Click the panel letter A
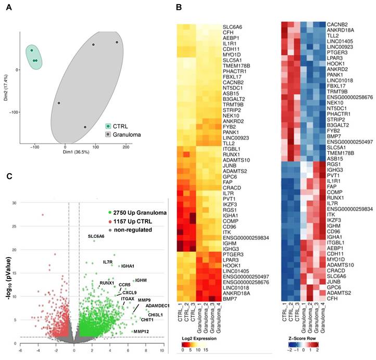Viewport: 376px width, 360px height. pyautogui.click(x=9, y=8)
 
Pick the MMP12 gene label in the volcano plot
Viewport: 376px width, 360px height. pyautogui.click(x=142, y=331)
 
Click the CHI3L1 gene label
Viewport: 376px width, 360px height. pyautogui.click(x=155, y=315)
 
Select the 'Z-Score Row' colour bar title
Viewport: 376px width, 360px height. pyautogui.click(x=303, y=338)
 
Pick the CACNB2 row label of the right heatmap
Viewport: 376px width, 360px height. pyautogui.click(x=339, y=24)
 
